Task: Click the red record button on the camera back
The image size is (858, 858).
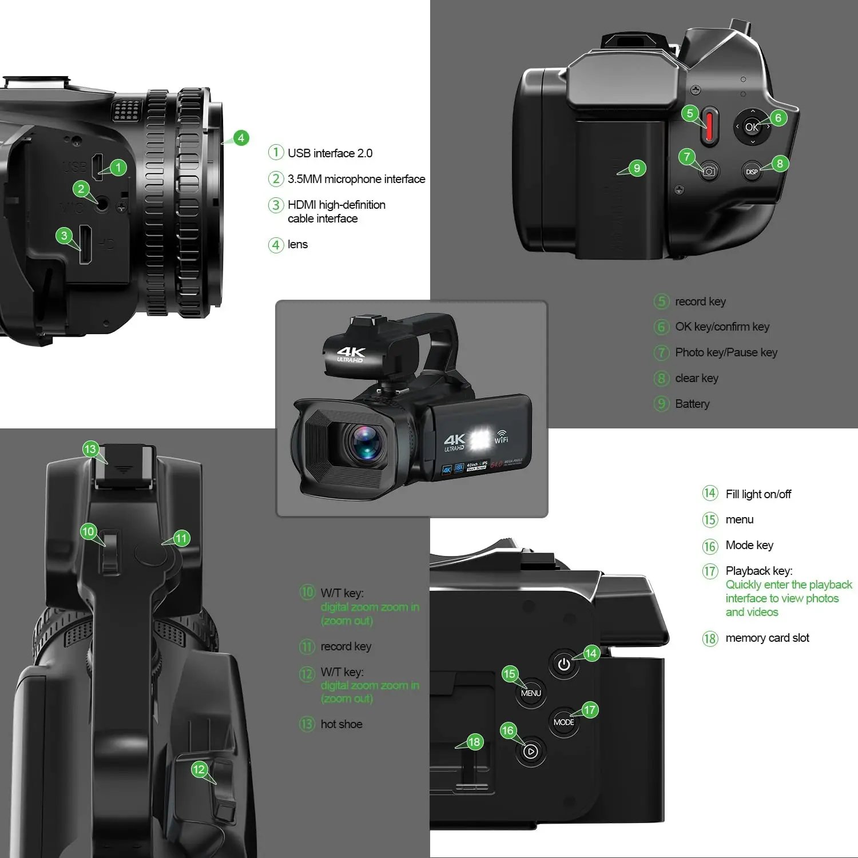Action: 709,126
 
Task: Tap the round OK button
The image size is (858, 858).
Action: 752,127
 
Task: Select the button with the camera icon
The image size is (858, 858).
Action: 709,171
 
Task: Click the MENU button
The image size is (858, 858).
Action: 531,693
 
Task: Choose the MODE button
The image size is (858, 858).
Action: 563,722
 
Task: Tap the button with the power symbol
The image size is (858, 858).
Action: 564,664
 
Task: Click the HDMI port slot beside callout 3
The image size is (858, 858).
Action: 85,244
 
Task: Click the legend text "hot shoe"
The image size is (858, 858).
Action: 341,724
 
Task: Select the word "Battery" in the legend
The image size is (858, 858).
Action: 692,404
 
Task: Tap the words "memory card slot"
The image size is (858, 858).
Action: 767,638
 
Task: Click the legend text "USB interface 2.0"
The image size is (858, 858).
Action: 330,153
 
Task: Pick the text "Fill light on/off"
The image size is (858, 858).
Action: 758,494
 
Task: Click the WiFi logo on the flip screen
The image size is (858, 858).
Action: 501,436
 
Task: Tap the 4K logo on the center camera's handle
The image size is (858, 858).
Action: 351,353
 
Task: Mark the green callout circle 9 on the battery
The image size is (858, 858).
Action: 637,168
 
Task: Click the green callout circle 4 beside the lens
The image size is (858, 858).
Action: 241,138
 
